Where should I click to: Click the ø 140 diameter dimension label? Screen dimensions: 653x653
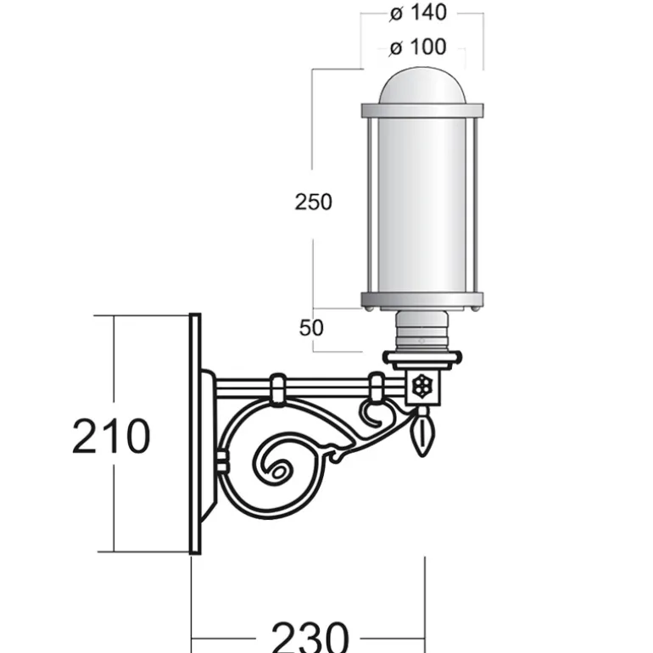(x=418, y=13)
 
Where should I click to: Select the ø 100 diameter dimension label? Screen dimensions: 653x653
(x=418, y=47)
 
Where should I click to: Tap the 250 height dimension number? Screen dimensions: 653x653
(x=313, y=202)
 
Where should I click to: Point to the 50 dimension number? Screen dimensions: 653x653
(x=311, y=327)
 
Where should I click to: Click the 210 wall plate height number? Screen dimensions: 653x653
(x=111, y=436)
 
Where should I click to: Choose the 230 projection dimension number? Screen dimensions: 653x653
(x=310, y=637)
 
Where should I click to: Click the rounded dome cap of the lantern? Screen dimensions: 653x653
(x=421, y=86)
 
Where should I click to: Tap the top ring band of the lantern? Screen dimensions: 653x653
(x=422, y=110)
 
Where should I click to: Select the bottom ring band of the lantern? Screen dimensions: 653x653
(x=422, y=300)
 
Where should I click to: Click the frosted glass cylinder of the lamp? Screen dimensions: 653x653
(x=421, y=205)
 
